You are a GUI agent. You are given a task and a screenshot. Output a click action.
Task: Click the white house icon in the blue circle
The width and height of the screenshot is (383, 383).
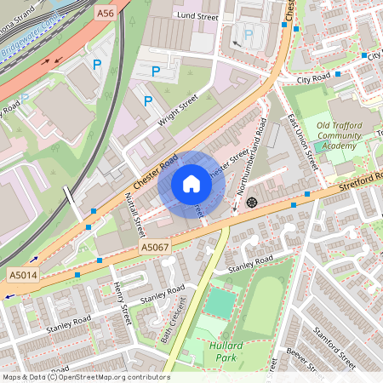[191, 184]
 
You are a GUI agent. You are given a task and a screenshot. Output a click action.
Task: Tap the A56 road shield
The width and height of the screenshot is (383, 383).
[106, 13]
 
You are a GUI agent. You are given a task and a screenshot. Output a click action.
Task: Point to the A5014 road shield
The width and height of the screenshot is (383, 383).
[22, 275]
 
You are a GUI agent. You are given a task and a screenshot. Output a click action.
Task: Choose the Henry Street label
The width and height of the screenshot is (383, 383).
[118, 300]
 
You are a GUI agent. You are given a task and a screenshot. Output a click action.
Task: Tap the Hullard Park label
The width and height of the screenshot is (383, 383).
[226, 351]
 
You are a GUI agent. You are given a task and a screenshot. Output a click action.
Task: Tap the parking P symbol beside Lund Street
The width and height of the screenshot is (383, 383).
[248, 35]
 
